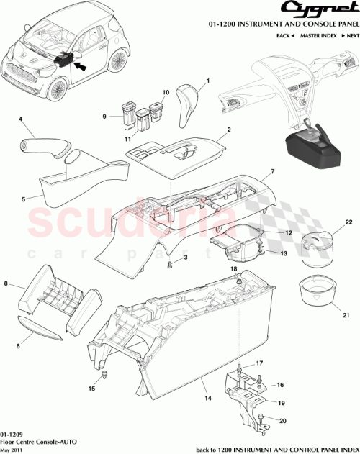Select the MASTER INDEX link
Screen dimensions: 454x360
coord(319,35)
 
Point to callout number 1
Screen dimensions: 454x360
coord(207,83)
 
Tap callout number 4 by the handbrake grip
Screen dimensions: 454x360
coord(20,119)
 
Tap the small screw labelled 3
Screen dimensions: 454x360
coord(170,265)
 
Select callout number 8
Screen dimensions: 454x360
coord(7,286)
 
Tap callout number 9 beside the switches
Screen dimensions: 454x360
coord(104,117)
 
